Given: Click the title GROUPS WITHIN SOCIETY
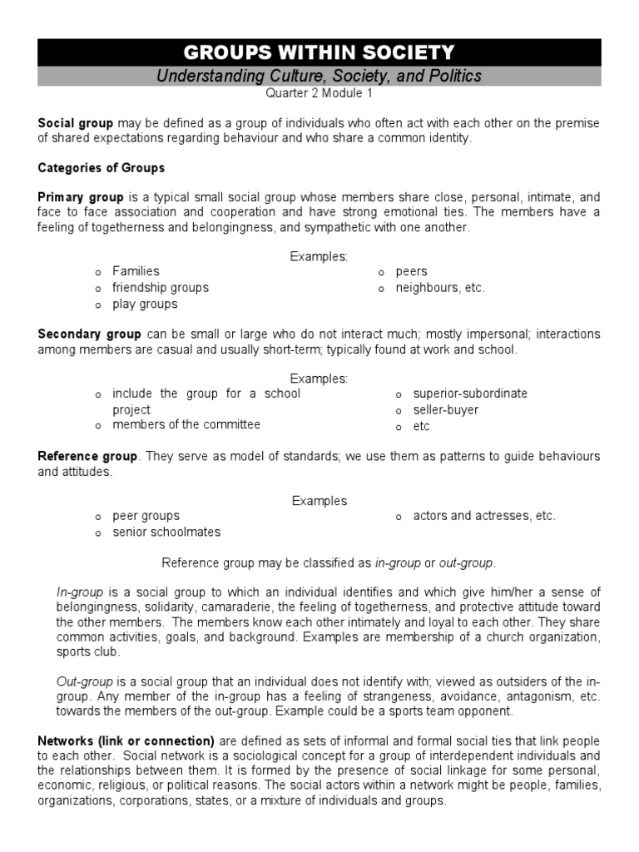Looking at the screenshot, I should click(319, 52).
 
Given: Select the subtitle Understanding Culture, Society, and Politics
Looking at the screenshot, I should click(319, 77).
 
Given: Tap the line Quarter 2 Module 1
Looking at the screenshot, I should click(319, 94).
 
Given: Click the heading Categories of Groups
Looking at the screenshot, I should click(102, 168).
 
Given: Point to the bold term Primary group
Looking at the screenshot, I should click(80, 198).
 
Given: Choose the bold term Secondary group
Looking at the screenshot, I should click(89, 334).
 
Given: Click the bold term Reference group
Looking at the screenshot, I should click(87, 457).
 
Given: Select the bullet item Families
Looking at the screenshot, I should click(136, 271).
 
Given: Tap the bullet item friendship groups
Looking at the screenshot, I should click(161, 288).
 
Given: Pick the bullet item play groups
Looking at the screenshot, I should click(145, 305).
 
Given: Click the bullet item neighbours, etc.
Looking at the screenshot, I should click(439, 288).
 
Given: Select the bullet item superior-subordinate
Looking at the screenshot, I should click(470, 394).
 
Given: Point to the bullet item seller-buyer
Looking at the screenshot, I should click(446, 410).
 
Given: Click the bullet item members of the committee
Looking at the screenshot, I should click(186, 424).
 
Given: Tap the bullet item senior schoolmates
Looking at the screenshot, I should click(166, 532).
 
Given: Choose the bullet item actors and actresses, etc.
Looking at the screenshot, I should click(484, 516).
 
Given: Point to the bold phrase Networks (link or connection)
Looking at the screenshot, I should click(126, 741).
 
